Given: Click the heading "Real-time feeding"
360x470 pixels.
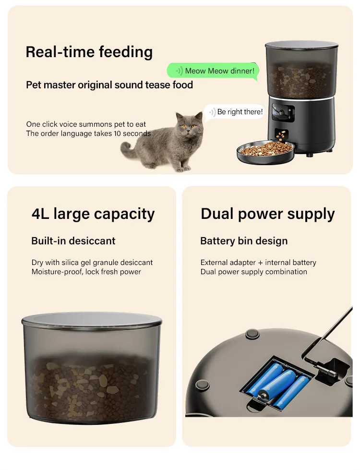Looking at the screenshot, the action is click(x=89, y=52).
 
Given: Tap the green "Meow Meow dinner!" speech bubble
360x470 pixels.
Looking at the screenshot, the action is click(x=213, y=71).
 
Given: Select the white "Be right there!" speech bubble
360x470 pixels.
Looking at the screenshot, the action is click(x=235, y=112).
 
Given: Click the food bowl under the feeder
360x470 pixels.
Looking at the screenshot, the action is click(x=265, y=152).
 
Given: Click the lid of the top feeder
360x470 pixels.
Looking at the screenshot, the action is click(x=301, y=46).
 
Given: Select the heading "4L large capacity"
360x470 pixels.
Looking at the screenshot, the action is click(x=93, y=214).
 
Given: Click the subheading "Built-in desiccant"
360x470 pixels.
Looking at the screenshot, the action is click(x=73, y=241).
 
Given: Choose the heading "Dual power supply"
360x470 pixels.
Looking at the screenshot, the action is click(x=268, y=214).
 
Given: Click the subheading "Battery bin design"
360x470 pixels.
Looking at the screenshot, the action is click(x=244, y=241).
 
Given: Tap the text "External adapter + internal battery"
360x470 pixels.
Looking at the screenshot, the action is click(x=258, y=263).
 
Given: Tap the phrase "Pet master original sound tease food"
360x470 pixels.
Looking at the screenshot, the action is click(x=109, y=85).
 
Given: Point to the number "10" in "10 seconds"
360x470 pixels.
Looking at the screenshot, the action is click(x=117, y=133).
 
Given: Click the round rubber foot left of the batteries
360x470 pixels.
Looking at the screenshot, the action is click(x=202, y=384).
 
